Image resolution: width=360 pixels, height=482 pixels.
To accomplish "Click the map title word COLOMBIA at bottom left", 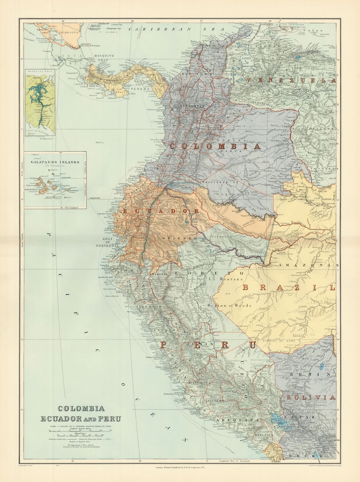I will click(81, 408).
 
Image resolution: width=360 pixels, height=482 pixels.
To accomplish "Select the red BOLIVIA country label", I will click(311, 397).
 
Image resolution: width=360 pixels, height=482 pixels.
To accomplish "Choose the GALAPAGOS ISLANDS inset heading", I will click(55, 162).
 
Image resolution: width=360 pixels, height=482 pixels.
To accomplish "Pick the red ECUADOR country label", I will click(161, 211).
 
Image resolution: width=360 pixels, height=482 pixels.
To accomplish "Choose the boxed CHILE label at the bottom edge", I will click(276, 461).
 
